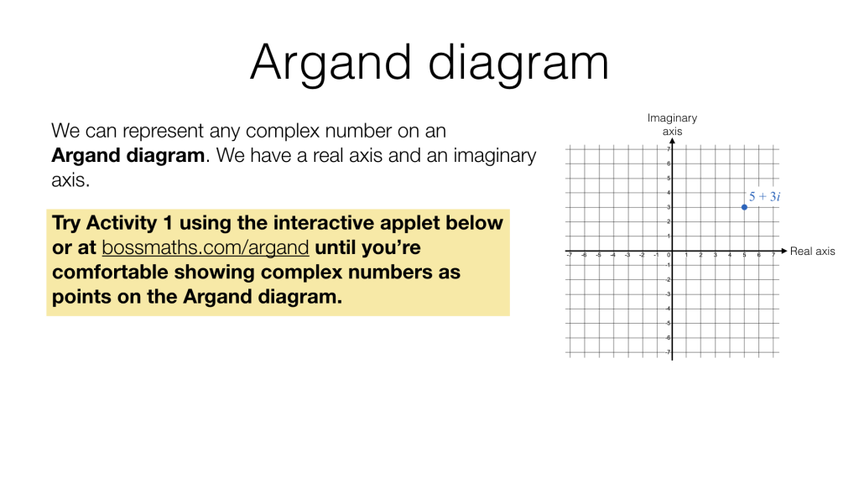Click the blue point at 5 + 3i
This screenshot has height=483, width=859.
point(744,207)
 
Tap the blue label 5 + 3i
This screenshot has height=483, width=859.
point(765,196)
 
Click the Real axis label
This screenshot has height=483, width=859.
point(812,252)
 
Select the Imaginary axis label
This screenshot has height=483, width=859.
point(672,124)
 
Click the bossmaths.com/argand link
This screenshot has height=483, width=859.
point(206,247)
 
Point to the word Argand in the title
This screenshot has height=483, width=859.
point(331,64)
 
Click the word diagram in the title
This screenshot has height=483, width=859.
point(518,64)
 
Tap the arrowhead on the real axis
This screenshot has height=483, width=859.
point(784,251)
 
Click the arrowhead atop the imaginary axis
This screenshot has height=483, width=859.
point(672,141)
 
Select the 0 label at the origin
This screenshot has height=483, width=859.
point(669,255)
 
